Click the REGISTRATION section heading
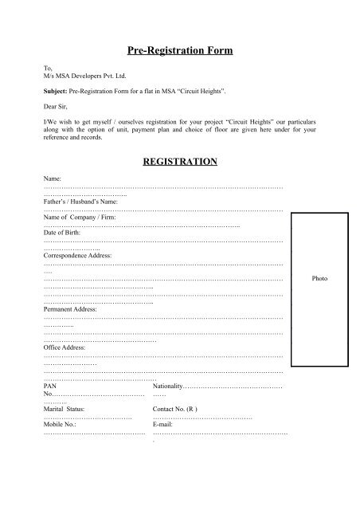point(179,161)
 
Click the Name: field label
point(53,179)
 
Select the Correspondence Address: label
point(78,256)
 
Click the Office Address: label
point(64,347)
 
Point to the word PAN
point(50,386)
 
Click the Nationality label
point(167,386)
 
